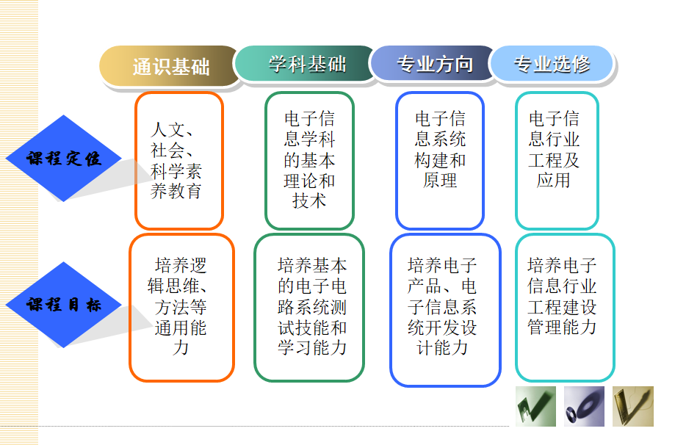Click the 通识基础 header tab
coord(170,66)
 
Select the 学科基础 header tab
coord(306,64)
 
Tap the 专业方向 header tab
coord(434,64)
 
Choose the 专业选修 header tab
coord(552,64)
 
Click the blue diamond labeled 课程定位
coord(64,159)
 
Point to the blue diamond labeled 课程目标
coord(64,305)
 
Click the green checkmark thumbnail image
coord(535,406)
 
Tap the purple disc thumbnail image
coord(584,406)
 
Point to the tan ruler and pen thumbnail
coord(633,406)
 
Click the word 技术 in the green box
coord(309,201)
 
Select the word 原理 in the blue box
coord(440,181)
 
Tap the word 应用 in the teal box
coord(554,181)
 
